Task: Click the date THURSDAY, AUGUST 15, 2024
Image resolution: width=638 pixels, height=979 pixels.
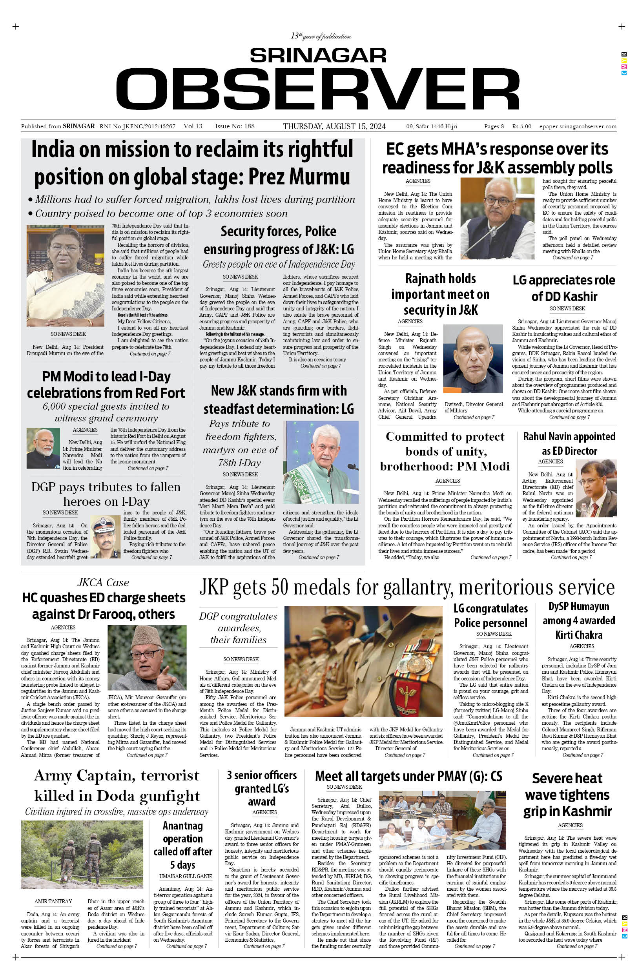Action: (x=334, y=126)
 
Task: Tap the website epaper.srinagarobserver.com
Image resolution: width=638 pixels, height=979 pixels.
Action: (x=578, y=127)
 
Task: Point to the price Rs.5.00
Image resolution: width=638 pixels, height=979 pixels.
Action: (x=521, y=127)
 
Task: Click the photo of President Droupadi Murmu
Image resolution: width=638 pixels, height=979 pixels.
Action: (x=66, y=275)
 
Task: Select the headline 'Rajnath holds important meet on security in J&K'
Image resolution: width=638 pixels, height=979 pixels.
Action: (x=440, y=294)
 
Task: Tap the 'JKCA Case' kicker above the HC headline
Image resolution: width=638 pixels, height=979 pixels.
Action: (x=103, y=582)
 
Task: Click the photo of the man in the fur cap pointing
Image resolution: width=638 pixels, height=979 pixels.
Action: (x=147, y=657)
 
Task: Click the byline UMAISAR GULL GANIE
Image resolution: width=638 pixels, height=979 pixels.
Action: (x=186, y=876)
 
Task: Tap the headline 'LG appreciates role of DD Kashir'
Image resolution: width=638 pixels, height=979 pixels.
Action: (x=563, y=288)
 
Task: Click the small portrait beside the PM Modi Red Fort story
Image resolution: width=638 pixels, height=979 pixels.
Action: (x=43, y=448)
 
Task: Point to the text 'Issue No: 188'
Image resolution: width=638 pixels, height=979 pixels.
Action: (x=235, y=126)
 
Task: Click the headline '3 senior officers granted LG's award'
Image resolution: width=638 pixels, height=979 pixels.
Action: (x=262, y=788)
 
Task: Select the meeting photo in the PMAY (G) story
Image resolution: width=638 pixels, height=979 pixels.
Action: (x=442, y=822)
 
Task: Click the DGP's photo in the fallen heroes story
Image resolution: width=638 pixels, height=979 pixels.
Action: (x=105, y=536)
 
